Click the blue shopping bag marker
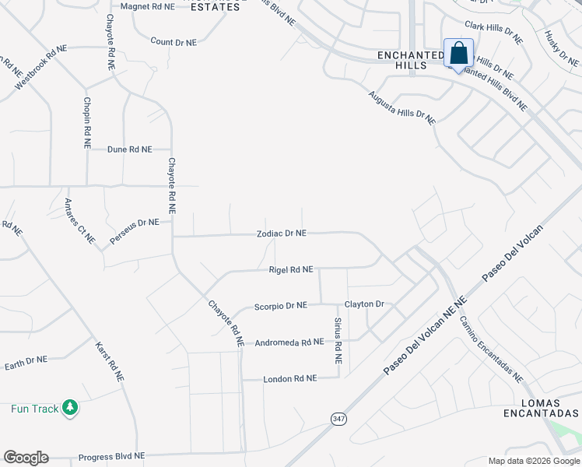pos(459,53)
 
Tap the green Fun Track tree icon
pos(70,408)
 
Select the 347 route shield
pos(337,419)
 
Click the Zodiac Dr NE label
pos(282,233)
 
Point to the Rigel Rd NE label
pos(290,269)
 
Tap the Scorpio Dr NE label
pos(281,306)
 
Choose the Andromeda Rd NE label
pos(289,342)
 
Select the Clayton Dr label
pos(365,304)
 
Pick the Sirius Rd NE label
pos(338,341)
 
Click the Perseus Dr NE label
pos(134,231)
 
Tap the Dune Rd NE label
pos(129,149)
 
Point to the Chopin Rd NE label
pos(87,122)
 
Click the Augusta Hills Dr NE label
pos(401,107)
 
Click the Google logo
pos(26,458)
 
